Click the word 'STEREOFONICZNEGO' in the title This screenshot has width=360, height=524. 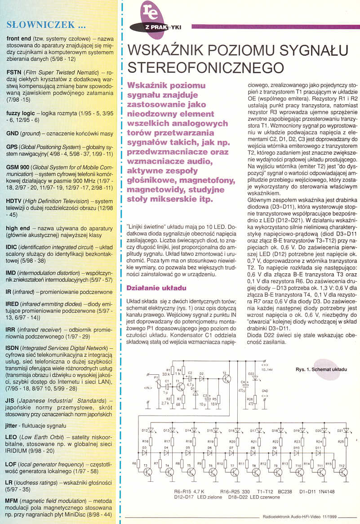pos(206,67)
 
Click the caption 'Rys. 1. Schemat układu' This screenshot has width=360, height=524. pos(321,369)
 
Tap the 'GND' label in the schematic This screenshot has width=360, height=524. pos(265,391)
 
